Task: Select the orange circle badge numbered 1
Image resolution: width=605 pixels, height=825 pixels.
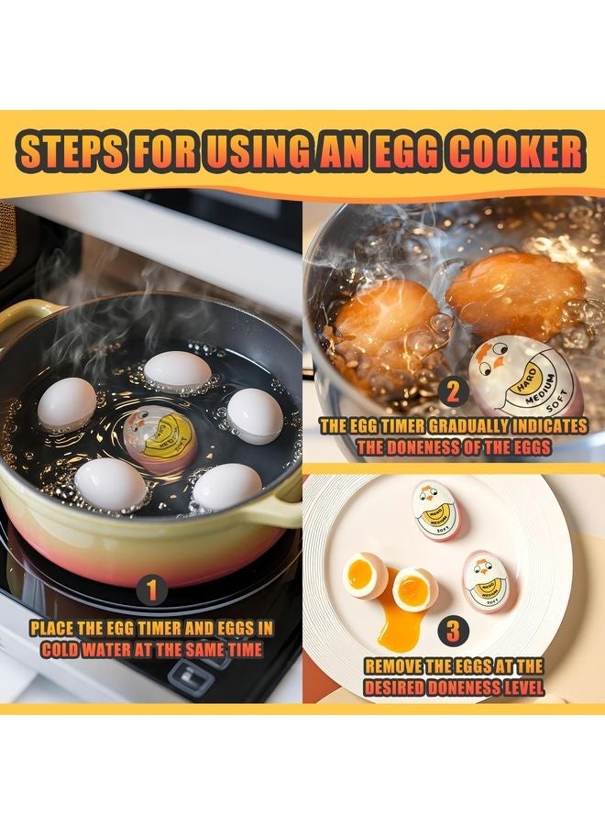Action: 151,589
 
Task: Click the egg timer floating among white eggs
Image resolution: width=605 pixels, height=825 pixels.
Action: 160,439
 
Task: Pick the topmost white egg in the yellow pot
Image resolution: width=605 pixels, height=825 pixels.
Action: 178,370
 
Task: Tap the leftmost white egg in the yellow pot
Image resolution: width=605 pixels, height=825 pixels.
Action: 67,403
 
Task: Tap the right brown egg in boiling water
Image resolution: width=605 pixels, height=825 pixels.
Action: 513,293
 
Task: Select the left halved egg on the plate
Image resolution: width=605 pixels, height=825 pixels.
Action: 365,576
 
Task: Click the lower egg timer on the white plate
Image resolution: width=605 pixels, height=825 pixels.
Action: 489,582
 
